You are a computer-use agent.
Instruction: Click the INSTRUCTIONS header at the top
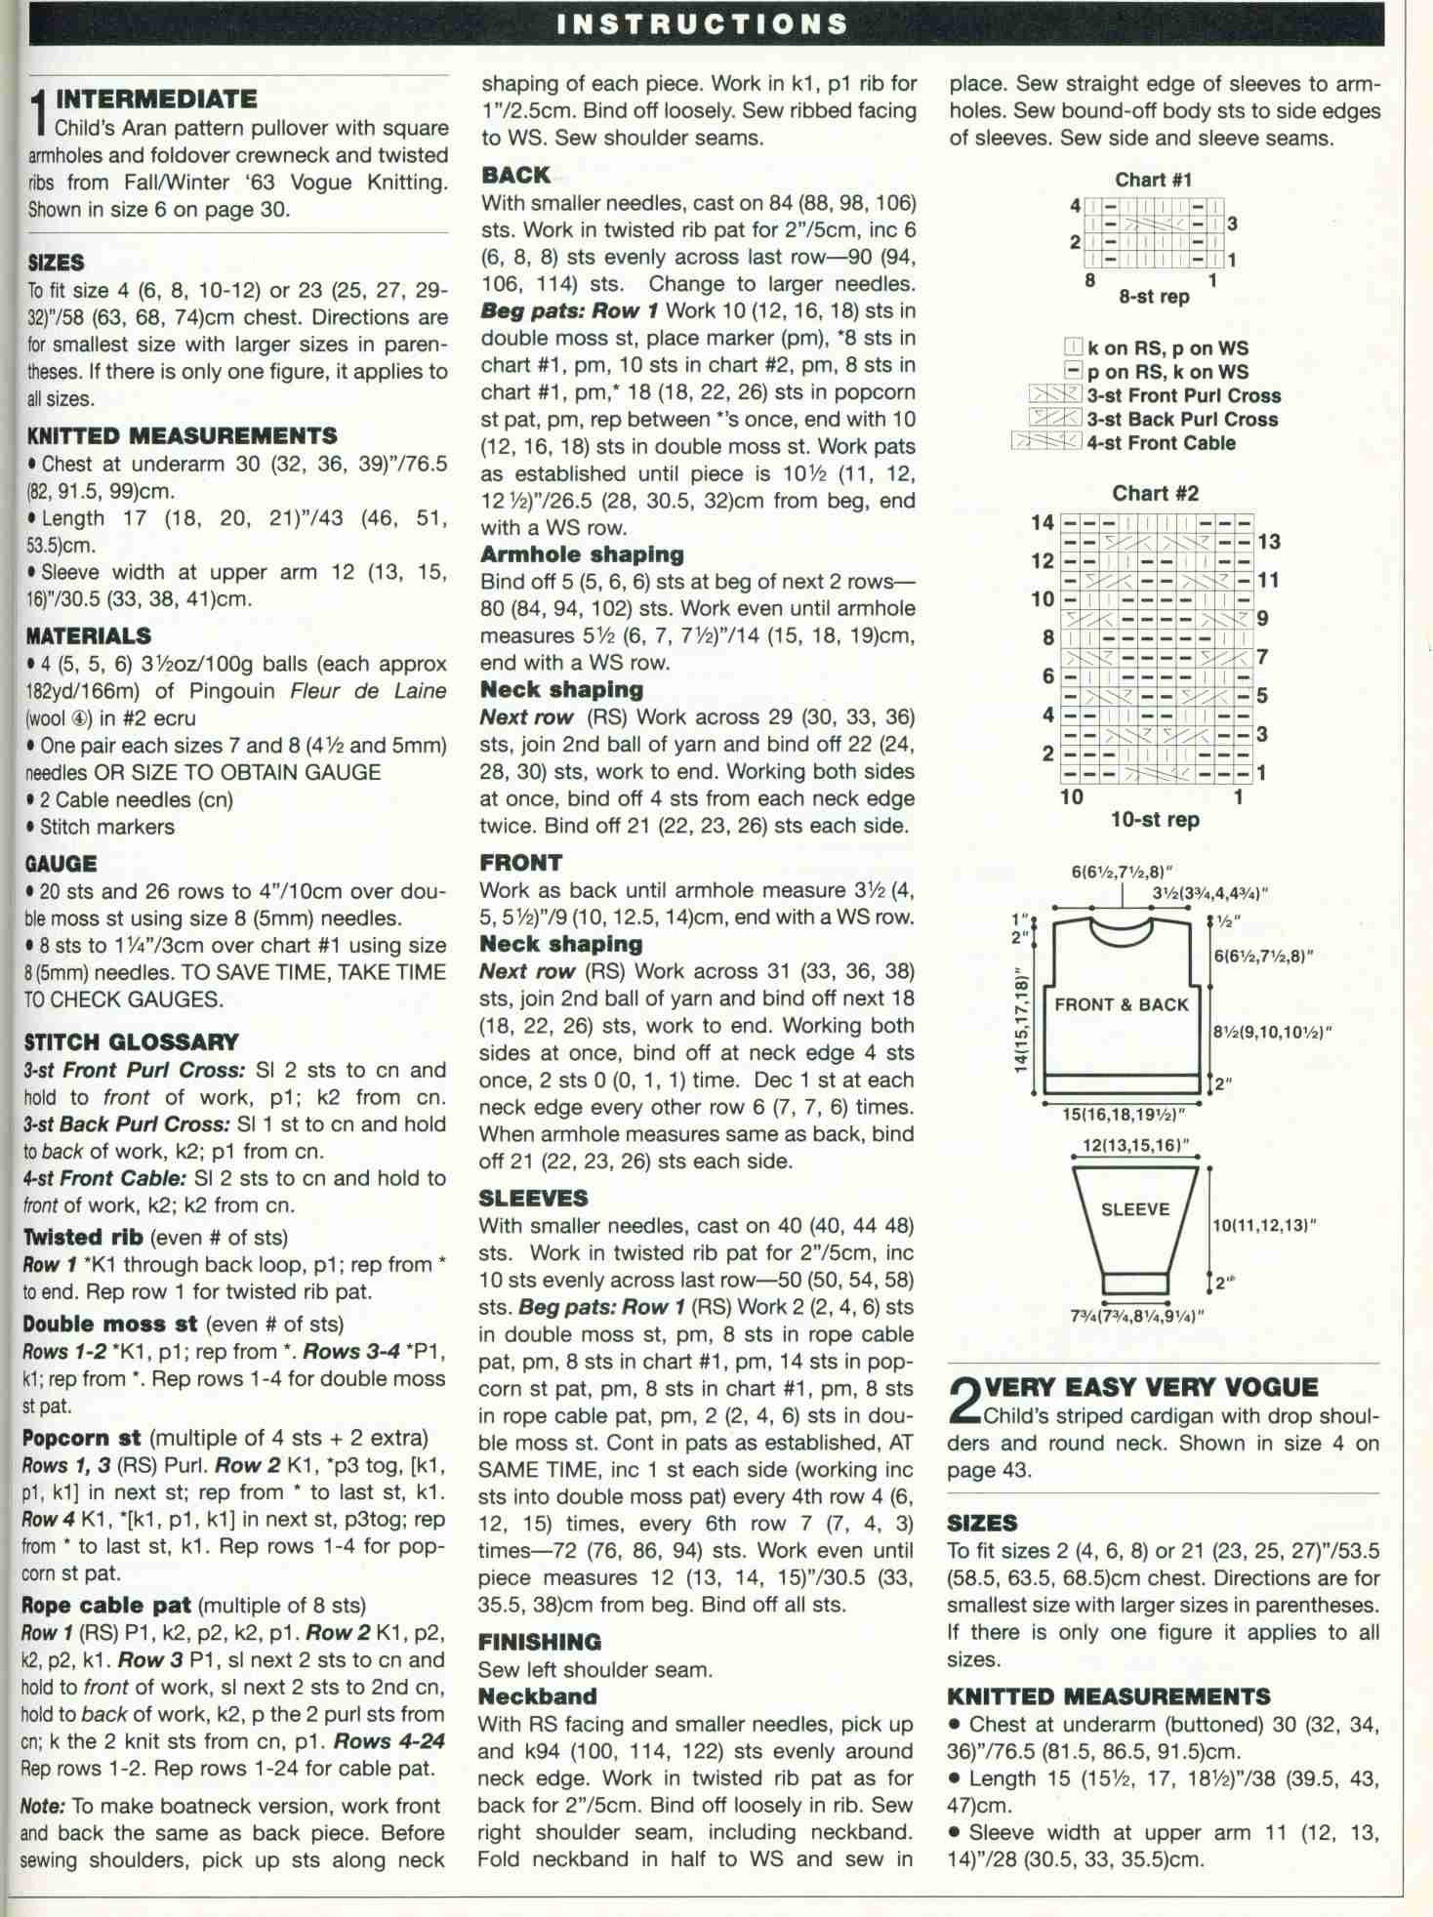point(702,23)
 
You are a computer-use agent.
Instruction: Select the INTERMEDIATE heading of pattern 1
point(156,99)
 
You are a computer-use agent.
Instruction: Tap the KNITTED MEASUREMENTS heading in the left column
point(182,435)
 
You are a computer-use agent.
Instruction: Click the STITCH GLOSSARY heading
point(131,1041)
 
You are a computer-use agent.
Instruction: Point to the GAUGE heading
point(61,863)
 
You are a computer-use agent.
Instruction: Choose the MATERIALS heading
point(88,635)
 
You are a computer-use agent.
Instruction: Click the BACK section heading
point(515,175)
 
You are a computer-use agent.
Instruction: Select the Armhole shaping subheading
point(582,553)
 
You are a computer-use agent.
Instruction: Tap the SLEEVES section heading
point(533,1198)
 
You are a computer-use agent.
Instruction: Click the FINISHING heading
point(540,1642)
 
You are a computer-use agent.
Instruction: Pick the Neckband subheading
point(537,1696)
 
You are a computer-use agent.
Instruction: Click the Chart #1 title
point(1153,180)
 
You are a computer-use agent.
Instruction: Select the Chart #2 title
point(1155,493)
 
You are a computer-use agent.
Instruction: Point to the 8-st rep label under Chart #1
point(1154,296)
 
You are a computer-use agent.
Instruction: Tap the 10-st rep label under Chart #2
point(1155,819)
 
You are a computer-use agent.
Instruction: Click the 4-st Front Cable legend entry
point(1162,442)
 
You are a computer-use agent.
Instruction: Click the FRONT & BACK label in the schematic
point(1122,1004)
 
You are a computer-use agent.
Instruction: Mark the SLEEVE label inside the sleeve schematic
point(1134,1209)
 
